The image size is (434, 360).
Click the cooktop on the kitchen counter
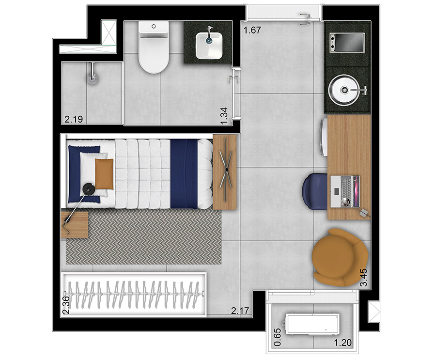click(x=347, y=42)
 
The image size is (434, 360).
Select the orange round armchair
click(x=340, y=257)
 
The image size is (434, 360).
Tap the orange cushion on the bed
click(x=104, y=174)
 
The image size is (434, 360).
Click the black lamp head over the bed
click(x=89, y=189)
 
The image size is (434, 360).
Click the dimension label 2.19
click(x=74, y=119)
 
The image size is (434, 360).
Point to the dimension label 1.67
click(x=252, y=30)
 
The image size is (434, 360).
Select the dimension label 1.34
click(x=224, y=116)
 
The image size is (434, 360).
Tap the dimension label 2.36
click(x=66, y=305)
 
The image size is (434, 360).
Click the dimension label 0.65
click(x=277, y=337)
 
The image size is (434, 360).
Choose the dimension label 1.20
click(x=342, y=343)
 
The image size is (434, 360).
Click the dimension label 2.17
click(x=240, y=311)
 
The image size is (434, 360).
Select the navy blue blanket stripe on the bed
click(x=184, y=174)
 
